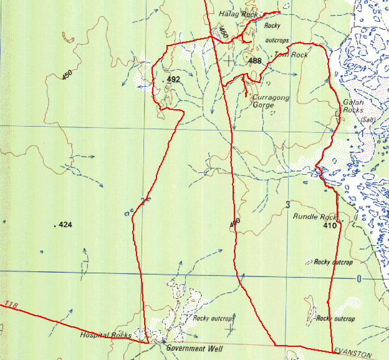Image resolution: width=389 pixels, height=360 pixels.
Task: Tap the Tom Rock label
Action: click(291, 56)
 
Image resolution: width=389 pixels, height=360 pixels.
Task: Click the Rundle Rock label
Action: click(314, 217)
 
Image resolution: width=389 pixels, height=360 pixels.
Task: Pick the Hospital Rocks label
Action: click(105, 335)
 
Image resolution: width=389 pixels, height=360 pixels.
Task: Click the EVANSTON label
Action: click(352, 354)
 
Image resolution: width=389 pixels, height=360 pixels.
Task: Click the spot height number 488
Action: click(254, 61)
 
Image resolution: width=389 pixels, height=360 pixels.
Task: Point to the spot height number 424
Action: click(65, 225)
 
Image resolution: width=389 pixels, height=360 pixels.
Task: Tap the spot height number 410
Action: click(330, 226)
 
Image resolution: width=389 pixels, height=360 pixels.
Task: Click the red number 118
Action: click(10, 305)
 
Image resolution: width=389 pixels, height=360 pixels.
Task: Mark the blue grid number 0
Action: click(358, 279)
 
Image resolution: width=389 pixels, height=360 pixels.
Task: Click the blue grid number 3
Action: click(288, 205)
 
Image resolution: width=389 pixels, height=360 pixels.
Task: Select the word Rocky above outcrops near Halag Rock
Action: click(272, 26)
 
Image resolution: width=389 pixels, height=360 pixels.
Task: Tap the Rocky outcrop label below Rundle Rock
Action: click(334, 262)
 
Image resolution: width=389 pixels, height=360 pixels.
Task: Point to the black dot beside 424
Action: click(55, 225)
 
